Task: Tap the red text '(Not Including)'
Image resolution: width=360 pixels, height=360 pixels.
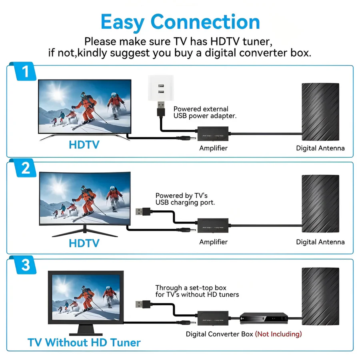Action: [278, 334]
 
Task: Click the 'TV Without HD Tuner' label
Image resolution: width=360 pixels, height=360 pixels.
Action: [84, 343]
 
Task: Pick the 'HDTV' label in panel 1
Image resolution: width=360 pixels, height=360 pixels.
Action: [84, 144]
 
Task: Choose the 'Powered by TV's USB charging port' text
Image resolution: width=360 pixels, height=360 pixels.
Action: [185, 199]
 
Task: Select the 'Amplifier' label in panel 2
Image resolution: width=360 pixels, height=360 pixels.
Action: [213, 242]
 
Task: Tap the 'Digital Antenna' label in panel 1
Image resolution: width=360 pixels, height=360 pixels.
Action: [320, 148]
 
